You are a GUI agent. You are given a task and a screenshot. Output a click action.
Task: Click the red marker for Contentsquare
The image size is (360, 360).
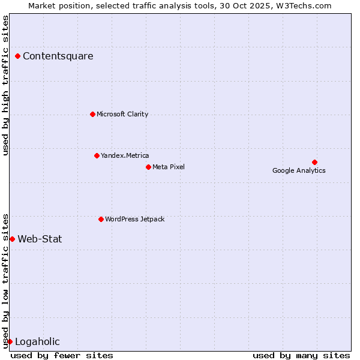[x=18, y=56]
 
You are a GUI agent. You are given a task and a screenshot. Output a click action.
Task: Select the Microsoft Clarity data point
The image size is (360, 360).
[x=92, y=114]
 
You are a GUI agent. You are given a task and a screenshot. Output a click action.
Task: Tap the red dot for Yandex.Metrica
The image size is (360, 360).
[x=97, y=155]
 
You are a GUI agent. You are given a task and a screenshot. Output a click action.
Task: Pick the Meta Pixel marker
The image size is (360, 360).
[x=148, y=167]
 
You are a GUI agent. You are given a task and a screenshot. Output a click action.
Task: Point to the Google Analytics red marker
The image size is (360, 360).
[x=314, y=162]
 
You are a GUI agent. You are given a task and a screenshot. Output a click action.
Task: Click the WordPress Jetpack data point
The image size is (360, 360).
[x=101, y=219]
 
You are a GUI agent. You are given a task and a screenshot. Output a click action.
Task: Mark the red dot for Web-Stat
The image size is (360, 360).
[x=12, y=239]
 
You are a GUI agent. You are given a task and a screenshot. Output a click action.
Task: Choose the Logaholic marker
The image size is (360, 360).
[x=10, y=341]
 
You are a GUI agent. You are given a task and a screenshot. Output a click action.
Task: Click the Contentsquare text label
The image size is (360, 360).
[x=58, y=56]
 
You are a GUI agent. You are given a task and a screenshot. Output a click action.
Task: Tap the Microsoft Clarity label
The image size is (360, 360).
[x=122, y=114]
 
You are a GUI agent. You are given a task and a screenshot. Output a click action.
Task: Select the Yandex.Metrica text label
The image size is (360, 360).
[x=125, y=155]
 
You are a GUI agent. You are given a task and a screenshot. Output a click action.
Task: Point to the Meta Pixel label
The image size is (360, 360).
[x=169, y=167]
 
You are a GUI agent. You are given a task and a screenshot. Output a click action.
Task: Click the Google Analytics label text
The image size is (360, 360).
[x=299, y=170]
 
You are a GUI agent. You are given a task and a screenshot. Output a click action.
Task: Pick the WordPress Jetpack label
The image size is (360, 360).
[x=134, y=219]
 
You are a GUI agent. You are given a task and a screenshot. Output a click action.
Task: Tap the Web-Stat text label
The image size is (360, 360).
[x=40, y=239]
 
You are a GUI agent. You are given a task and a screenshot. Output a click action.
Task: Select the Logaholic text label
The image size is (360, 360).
[x=37, y=342]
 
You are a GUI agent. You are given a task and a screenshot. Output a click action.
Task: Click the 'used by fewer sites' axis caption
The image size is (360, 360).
[x=62, y=355]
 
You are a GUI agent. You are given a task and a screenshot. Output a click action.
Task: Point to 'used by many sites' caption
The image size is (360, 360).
[x=301, y=355]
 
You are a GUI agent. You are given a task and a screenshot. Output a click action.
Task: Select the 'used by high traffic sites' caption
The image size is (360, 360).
[x=5, y=85]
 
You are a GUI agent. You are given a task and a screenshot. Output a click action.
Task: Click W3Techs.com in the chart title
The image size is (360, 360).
[x=305, y=5]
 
